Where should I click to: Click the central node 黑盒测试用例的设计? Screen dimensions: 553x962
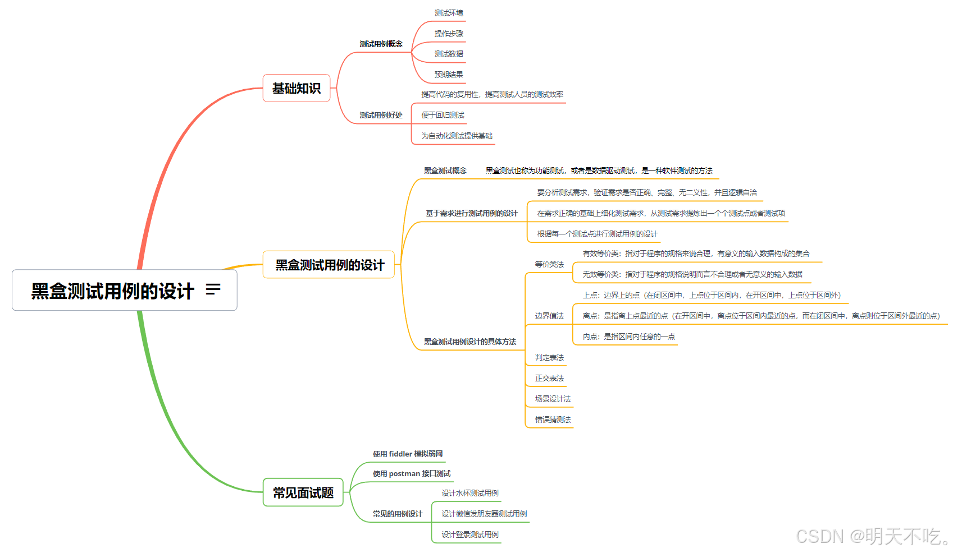point(112,291)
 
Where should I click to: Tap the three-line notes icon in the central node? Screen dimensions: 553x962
point(213,289)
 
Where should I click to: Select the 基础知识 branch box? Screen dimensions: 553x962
point(296,88)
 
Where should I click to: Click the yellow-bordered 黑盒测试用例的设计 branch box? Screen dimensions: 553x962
point(329,265)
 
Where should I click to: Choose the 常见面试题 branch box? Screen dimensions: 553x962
point(303,492)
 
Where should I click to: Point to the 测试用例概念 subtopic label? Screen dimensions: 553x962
point(381,44)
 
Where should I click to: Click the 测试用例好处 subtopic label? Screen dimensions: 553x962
point(381,115)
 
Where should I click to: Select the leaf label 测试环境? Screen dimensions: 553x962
point(449,13)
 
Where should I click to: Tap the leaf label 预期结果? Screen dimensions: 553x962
point(449,75)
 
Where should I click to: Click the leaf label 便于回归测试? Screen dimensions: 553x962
point(443,115)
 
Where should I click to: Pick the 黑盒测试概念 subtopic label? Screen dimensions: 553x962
point(445,170)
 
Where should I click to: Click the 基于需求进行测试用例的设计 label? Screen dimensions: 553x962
point(471,213)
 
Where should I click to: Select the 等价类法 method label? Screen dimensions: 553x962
point(549,264)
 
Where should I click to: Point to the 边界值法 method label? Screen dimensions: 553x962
point(549,316)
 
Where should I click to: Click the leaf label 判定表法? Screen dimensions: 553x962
point(549,357)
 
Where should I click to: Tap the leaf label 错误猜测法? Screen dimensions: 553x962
point(553,420)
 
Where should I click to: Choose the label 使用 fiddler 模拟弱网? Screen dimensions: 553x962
point(408,454)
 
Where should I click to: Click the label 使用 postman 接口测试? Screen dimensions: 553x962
point(411,473)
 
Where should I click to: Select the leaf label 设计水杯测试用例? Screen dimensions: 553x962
point(469,493)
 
